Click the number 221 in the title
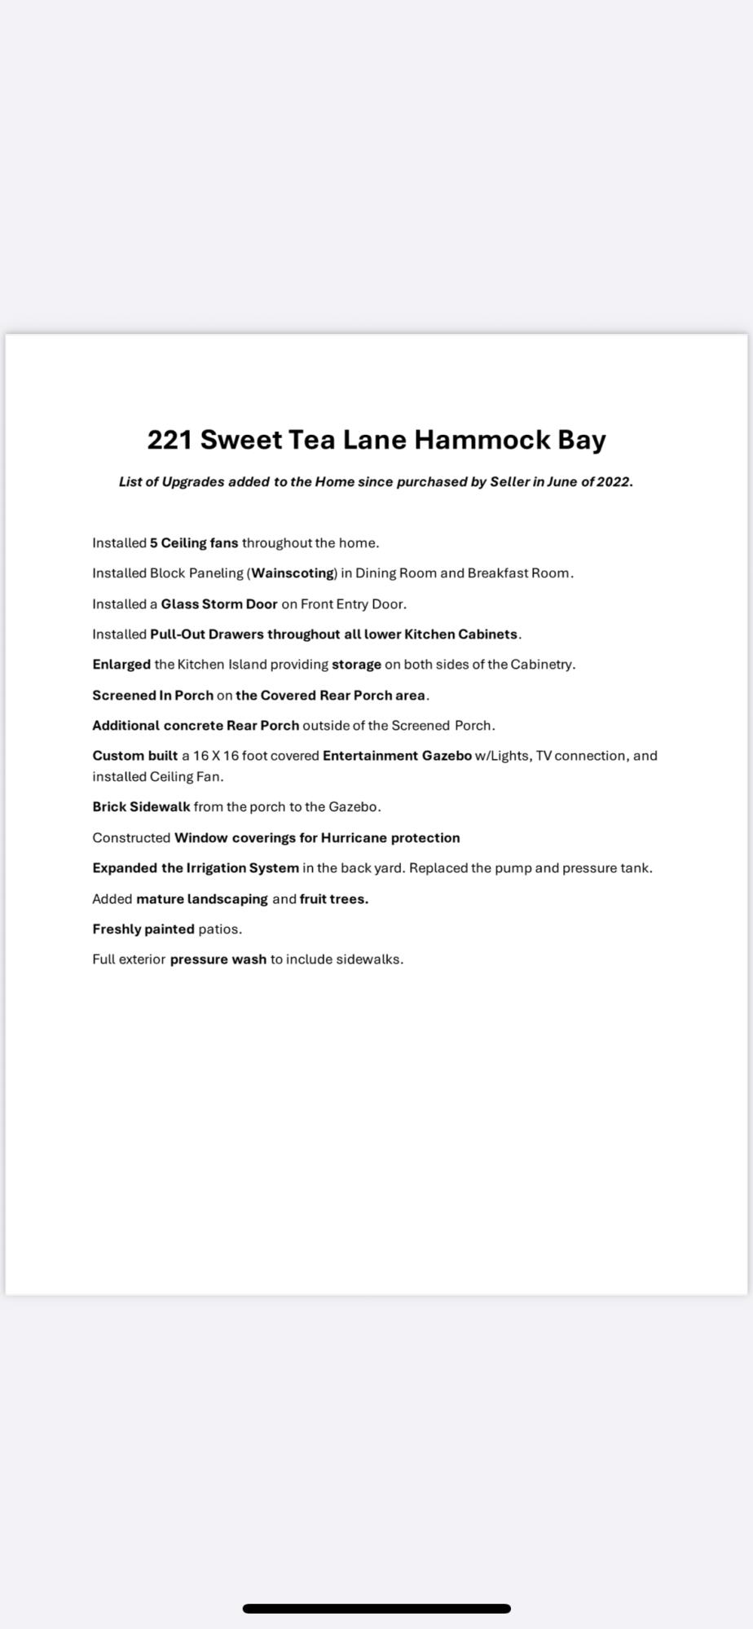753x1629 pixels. pyautogui.click(x=170, y=440)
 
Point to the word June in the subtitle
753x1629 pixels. pyautogui.click(x=562, y=481)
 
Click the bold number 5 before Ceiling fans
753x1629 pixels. pyautogui.click(x=153, y=543)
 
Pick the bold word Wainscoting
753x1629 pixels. pyautogui.click(x=293, y=573)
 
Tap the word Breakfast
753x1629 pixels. pyautogui.click(x=497, y=573)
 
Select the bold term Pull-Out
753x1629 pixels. pyautogui.click(x=177, y=634)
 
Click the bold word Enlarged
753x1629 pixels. pyautogui.click(x=121, y=665)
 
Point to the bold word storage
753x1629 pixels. pyautogui.click(x=356, y=665)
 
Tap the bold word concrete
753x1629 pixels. pyautogui.click(x=193, y=726)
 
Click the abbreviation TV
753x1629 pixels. pyautogui.click(x=544, y=756)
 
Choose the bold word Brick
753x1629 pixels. pyautogui.click(x=109, y=807)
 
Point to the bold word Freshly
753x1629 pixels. pyautogui.click(x=117, y=929)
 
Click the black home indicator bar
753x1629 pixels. pyautogui.click(x=376, y=1608)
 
